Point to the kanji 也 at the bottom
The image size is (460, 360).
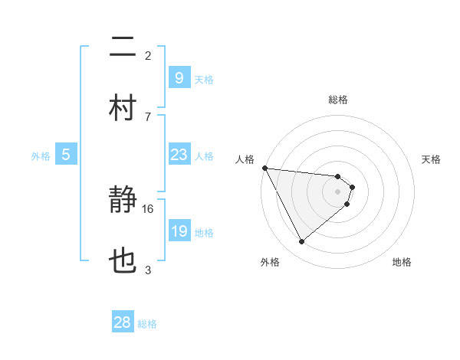point(123,261)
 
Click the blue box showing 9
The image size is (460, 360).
point(179,78)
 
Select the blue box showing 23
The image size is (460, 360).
point(179,155)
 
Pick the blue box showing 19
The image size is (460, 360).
point(179,231)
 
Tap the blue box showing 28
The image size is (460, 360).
point(123,322)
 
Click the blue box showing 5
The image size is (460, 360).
point(66,155)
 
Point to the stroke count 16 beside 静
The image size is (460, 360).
point(148,208)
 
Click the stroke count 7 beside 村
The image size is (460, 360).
point(148,116)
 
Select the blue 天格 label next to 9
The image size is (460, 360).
point(204,80)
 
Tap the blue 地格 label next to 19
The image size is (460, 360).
point(204,233)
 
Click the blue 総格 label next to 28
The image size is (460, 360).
point(147,324)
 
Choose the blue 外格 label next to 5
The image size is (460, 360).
point(41,156)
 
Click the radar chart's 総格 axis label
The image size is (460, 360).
point(338,100)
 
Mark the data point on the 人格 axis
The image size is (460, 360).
point(264,168)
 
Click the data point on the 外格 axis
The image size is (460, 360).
point(301,242)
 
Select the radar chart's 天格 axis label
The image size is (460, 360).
point(432,159)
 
